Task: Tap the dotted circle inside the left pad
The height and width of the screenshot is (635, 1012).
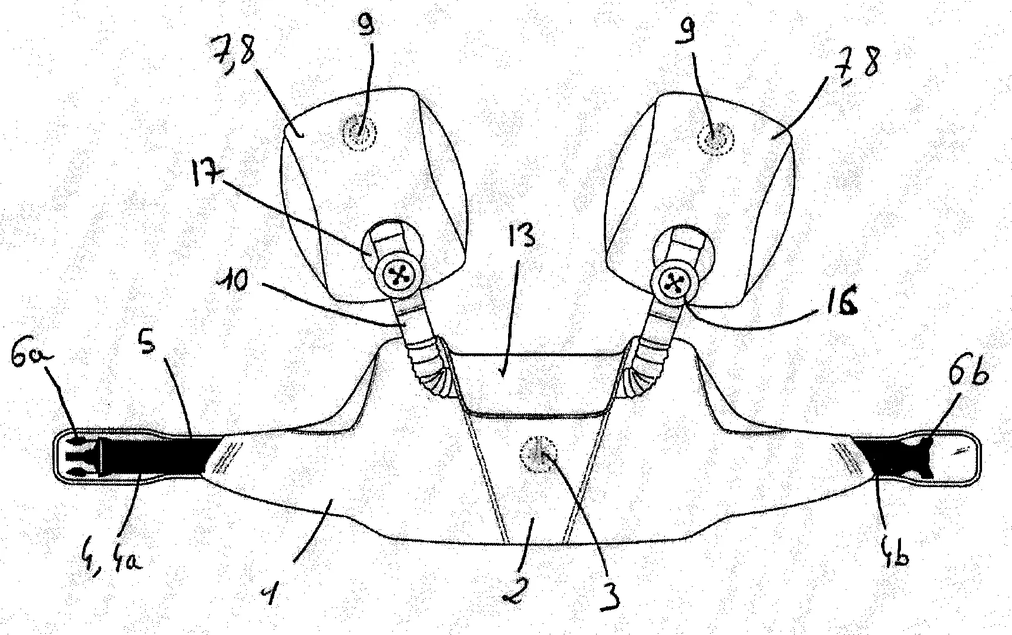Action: pyautogui.click(x=358, y=132)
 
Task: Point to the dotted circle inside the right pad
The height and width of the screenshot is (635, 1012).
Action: pyautogui.click(x=714, y=140)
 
